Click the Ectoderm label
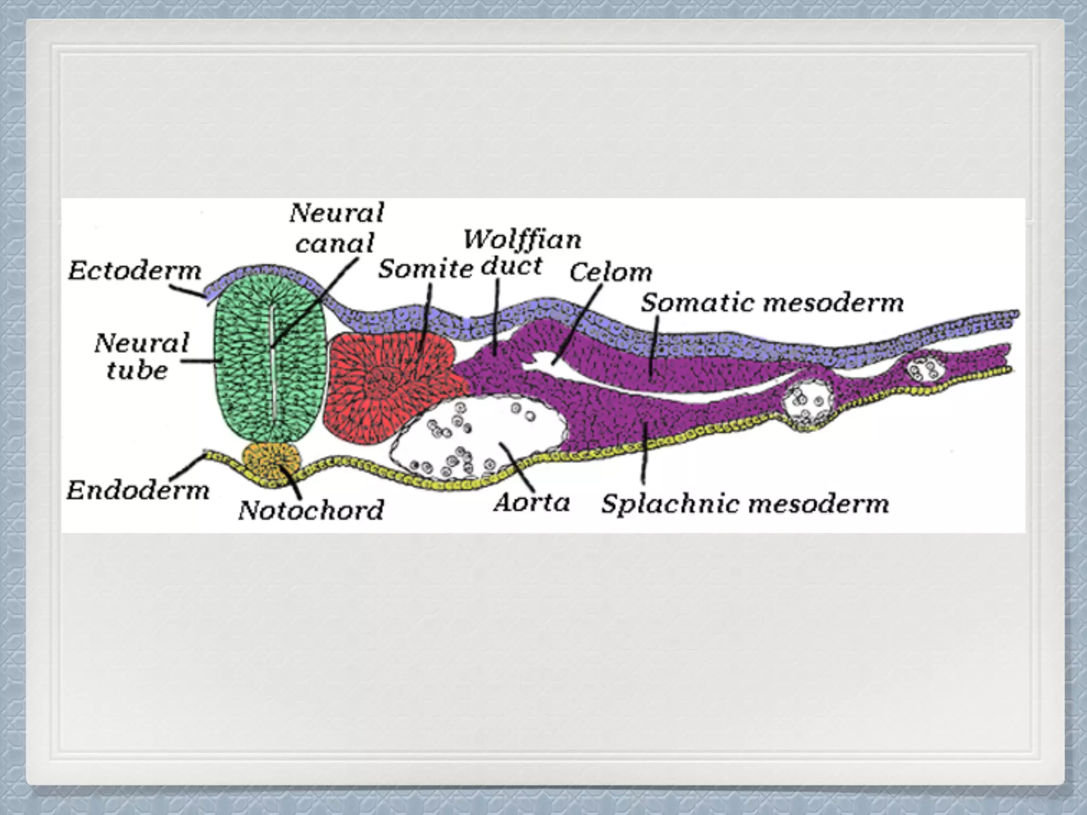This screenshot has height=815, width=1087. [135, 271]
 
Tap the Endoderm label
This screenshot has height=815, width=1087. [138, 490]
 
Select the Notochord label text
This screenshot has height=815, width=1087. [311, 510]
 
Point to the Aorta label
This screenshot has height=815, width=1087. [532, 502]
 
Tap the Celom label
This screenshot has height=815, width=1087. [610, 272]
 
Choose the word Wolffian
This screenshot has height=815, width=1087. [522, 240]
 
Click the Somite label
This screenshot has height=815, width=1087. [425, 269]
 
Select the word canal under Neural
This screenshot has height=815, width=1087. [335, 244]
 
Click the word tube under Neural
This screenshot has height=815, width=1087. [137, 370]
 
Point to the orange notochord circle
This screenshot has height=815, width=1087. [271, 461]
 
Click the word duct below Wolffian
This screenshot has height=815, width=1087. [512, 266]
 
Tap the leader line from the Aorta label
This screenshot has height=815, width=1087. [517, 466]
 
